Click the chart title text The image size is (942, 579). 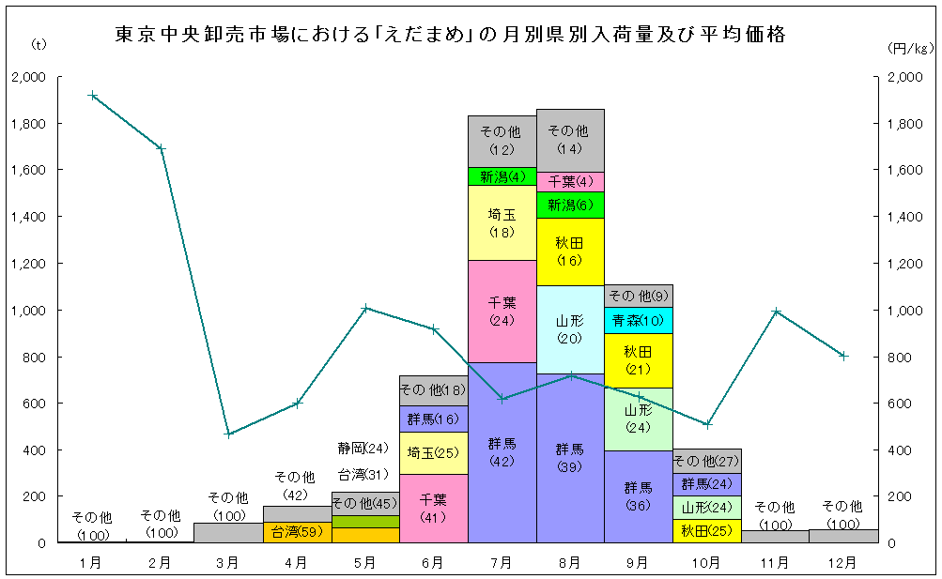[x=450, y=36]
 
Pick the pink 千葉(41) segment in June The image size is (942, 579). [x=433, y=508]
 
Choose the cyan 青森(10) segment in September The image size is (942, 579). [x=638, y=320]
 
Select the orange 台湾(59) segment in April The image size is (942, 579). [x=297, y=532]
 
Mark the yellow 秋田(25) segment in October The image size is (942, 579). [x=706, y=531]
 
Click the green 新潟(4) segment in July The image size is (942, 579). [x=502, y=176]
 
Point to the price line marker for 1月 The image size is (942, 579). [x=92, y=95]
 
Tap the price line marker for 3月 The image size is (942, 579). [x=228, y=434]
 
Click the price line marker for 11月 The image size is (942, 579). [x=776, y=312]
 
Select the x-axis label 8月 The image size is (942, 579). [x=569, y=563]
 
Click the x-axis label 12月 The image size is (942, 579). [x=843, y=563]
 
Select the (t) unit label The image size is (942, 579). [x=39, y=43]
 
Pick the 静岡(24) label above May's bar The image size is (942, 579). [x=363, y=448]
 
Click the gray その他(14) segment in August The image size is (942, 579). [x=570, y=140]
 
